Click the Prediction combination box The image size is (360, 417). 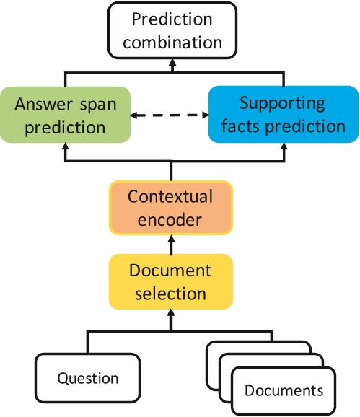click(172, 30)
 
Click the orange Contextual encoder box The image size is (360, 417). click(171, 208)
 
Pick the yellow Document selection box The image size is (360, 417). click(171, 282)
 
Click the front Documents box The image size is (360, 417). click(284, 392)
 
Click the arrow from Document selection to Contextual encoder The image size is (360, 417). click(171, 245)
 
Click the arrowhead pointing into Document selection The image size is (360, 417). click(171, 315)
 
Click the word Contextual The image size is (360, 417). click(171, 196)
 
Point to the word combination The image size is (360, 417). click(172, 42)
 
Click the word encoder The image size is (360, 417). click(171, 220)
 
